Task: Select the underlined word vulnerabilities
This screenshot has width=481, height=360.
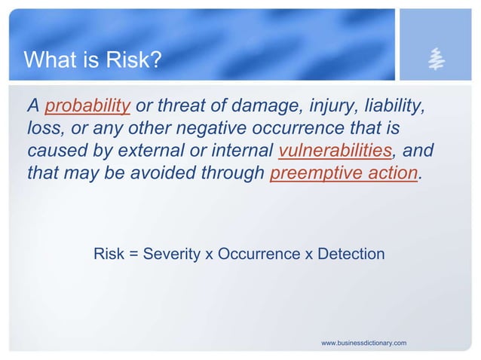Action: [335, 151]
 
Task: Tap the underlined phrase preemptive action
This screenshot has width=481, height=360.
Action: [343, 172]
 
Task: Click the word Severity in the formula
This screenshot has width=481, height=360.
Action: [171, 255]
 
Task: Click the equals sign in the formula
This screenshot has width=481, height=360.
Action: [133, 255]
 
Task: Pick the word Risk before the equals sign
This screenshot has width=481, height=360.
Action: [109, 255]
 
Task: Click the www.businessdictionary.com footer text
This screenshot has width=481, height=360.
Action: [363, 343]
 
